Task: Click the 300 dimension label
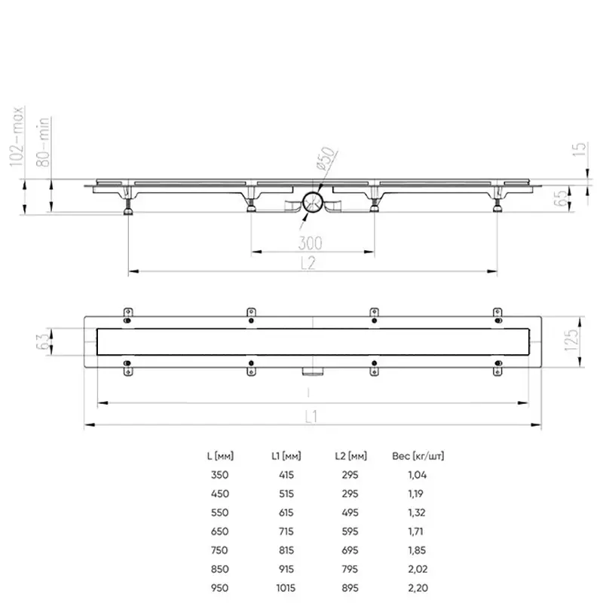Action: [310, 243]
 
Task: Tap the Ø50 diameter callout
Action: [325, 160]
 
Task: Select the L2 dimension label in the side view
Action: [308, 263]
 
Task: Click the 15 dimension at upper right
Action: [579, 148]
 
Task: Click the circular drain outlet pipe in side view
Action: [313, 203]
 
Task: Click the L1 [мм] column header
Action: [286, 456]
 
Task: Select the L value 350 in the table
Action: [218, 475]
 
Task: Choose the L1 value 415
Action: [286, 475]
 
